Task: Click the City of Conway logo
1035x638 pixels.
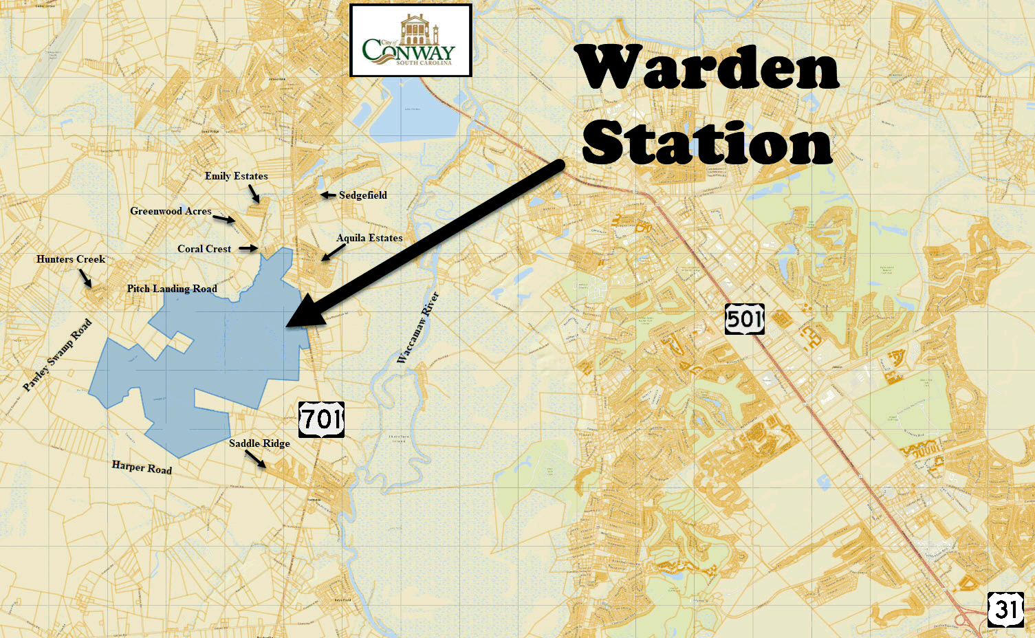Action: click(x=411, y=41)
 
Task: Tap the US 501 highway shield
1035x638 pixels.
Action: click(x=744, y=320)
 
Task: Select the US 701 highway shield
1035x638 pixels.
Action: click(x=321, y=419)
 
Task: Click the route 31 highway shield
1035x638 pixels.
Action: click(x=1005, y=609)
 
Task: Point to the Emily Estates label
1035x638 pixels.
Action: click(x=236, y=176)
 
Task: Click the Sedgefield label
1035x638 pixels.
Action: click(x=362, y=195)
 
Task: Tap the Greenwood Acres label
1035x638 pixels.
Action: click(x=171, y=211)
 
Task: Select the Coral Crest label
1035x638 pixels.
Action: click(x=204, y=249)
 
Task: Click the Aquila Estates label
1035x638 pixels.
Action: click(x=369, y=238)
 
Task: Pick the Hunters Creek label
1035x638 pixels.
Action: click(x=71, y=259)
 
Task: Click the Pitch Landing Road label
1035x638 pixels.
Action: click(x=172, y=289)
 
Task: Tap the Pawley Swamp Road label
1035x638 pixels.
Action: click(x=57, y=355)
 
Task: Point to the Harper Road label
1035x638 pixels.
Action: click(x=142, y=467)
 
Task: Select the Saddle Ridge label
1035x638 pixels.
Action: click(x=259, y=443)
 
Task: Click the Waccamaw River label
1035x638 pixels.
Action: click(x=418, y=327)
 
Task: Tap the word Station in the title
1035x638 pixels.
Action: click(x=707, y=143)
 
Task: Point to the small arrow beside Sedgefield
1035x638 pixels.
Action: click(x=327, y=195)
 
